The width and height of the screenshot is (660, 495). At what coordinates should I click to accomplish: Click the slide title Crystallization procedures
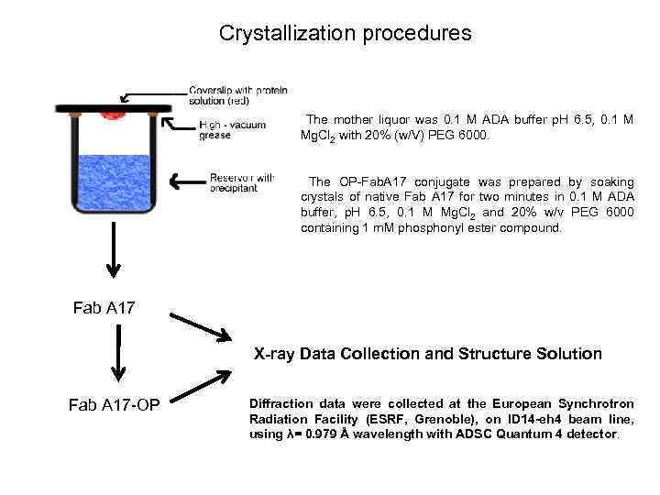pyautogui.click(x=345, y=34)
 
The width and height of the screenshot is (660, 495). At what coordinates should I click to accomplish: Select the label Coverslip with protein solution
pyautogui.click(x=237, y=94)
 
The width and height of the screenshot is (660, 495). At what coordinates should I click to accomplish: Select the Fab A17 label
pyautogui.click(x=104, y=307)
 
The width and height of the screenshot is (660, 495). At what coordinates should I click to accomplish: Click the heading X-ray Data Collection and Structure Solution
pyautogui.click(x=427, y=354)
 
